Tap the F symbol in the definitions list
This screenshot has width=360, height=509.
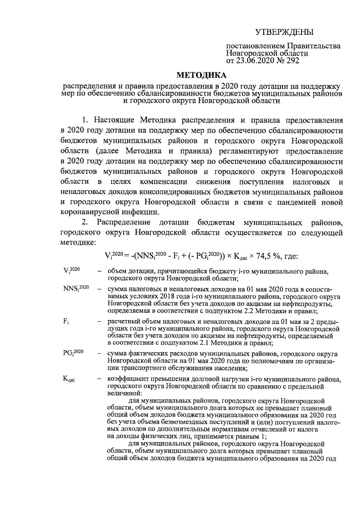[66, 321]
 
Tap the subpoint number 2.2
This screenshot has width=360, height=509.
[249, 310]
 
